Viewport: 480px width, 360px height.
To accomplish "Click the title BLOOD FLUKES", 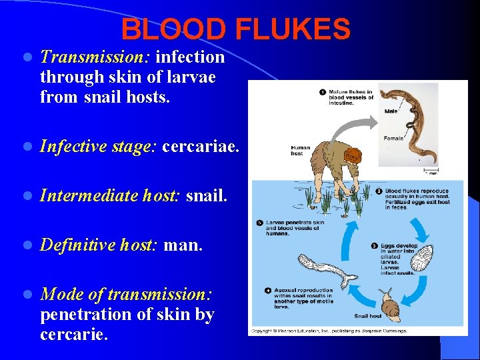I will pyautogui.click(x=235, y=29).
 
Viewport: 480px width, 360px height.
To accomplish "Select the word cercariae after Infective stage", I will pyautogui.click(x=200, y=145).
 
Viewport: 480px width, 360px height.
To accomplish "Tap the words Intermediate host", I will pyautogui.click(x=110, y=196).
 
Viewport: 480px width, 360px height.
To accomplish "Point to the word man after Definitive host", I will pyautogui.click(x=183, y=246).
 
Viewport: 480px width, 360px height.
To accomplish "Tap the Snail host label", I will pyautogui.click(x=368, y=316).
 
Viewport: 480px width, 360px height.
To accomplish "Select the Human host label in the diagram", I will pyautogui.click(x=300, y=151).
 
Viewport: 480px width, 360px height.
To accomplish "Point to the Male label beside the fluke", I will pyautogui.click(x=390, y=111).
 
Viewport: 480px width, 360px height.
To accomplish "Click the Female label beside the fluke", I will pyautogui.click(x=393, y=138).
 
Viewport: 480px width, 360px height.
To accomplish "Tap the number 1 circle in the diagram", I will pyautogui.click(x=322, y=92).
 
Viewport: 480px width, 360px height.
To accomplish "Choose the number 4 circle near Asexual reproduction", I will pyautogui.click(x=267, y=291).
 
